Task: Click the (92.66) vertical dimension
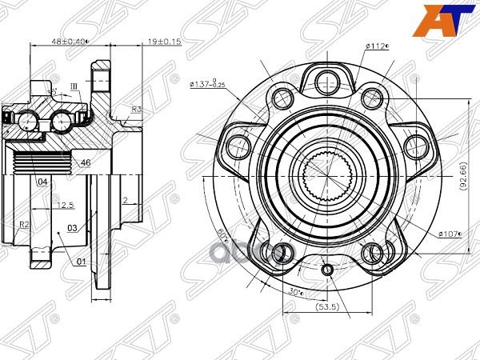click(x=462, y=174)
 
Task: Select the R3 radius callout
click(x=137, y=110)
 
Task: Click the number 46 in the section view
click(x=86, y=163)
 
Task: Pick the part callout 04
click(x=41, y=182)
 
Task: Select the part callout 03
click(x=71, y=229)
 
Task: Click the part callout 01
click(x=79, y=261)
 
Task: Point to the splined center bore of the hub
click(x=327, y=174)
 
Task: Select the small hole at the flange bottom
click(x=327, y=270)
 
